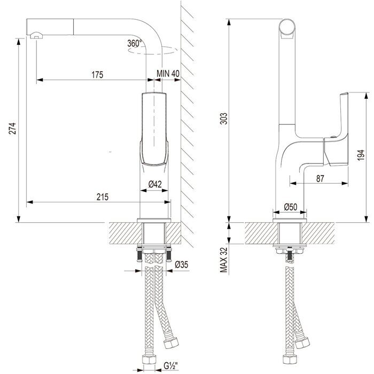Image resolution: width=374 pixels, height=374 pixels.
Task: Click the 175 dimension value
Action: tap(97, 74)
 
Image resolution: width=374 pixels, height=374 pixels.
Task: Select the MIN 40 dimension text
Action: tap(168, 74)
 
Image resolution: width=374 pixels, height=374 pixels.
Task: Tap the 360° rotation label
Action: tap(135, 43)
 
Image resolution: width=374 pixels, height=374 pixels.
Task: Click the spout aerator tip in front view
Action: tap(35, 35)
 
